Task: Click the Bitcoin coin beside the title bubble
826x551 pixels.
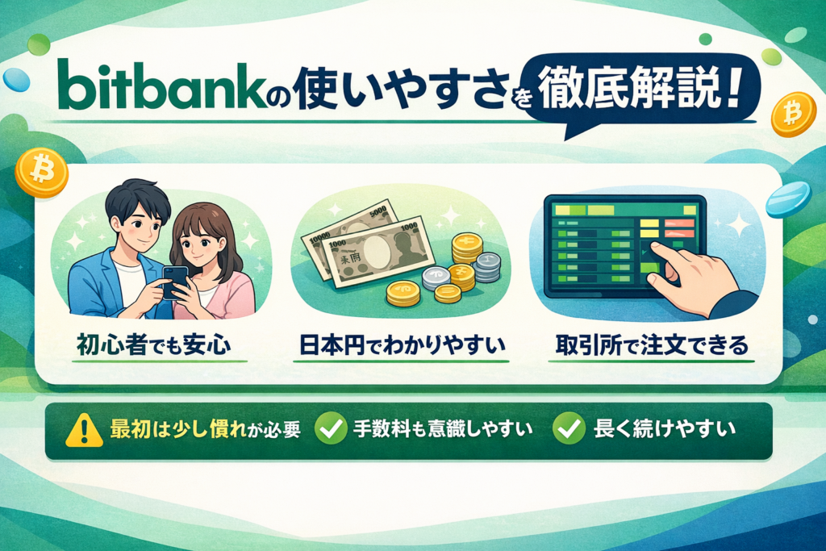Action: pyautogui.click(x=794, y=115)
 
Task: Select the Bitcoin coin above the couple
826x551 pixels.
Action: pyautogui.click(x=41, y=172)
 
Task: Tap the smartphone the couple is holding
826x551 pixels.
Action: pyautogui.click(x=175, y=282)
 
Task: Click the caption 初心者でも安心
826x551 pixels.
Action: pyautogui.click(x=154, y=345)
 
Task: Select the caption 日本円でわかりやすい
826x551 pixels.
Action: pyautogui.click(x=402, y=345)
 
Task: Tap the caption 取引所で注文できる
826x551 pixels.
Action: pyautogui.click(x=652, y=345)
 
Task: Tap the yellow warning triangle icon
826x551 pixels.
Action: pyautogui.click(x=84, y=430)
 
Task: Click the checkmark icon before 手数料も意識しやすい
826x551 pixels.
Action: pyautogui.click(x=330, y=428)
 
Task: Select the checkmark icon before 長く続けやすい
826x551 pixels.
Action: pyautogui.click(x=569, y=428)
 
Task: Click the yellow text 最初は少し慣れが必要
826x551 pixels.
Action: pyautogui.click(x=205, y=429)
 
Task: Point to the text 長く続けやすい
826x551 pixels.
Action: pyautogui.click(x=665, y=429)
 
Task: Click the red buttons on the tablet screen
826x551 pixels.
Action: pyautogui.click(x=678, y=228)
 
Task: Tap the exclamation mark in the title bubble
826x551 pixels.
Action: pyautogui.click(x=732, y=90)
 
